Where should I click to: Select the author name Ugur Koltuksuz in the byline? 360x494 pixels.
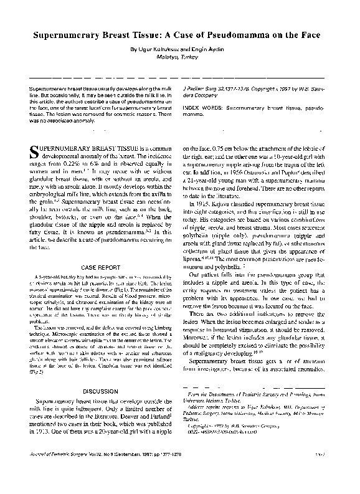(x=159, y=48)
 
